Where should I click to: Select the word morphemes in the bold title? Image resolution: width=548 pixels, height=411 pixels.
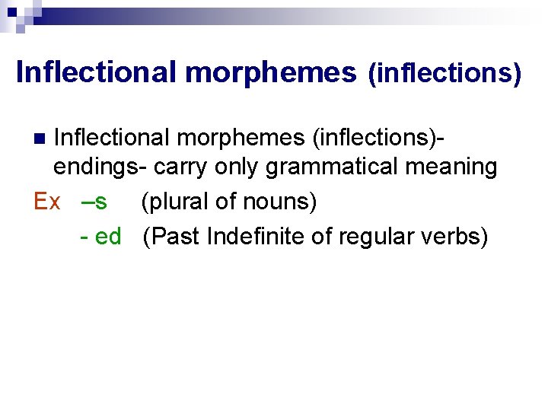(270, 72)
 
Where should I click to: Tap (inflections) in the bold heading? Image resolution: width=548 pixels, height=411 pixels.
(444, 74)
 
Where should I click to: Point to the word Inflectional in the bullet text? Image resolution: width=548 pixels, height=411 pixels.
(117, 138)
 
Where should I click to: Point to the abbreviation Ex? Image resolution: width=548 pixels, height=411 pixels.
(47, 202)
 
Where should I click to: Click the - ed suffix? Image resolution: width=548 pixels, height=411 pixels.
(100, 236)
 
